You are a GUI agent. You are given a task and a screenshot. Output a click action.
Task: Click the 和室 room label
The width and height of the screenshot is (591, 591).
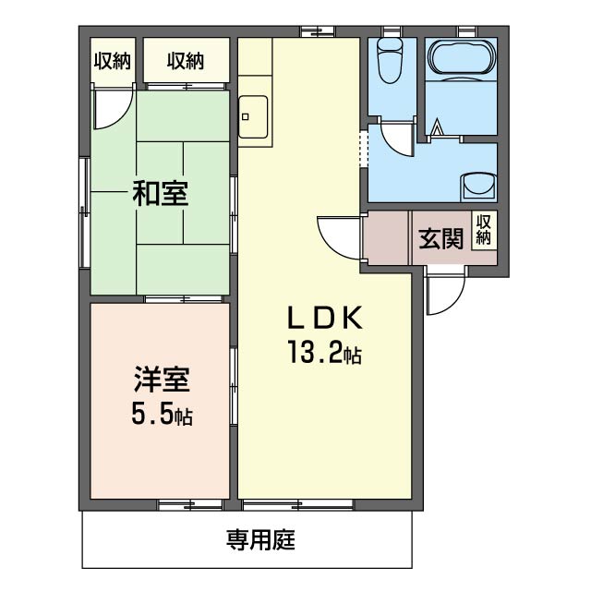[160, 195]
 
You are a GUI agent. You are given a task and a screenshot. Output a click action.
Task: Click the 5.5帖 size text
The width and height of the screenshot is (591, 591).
[161, 416]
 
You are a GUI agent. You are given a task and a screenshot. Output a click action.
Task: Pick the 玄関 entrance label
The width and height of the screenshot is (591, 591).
[440, 239]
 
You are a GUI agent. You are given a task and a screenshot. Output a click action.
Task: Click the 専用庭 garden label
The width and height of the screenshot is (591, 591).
[260, 540]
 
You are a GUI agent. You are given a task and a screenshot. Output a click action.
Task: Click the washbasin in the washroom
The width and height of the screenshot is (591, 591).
[479, 184]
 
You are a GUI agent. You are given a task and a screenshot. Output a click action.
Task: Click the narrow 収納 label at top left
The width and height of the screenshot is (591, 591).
[111, 61]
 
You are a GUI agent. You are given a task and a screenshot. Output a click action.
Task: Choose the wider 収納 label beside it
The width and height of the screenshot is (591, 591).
[185, 61]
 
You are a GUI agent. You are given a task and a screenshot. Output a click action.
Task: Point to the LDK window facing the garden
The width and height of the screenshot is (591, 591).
[297, 504]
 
